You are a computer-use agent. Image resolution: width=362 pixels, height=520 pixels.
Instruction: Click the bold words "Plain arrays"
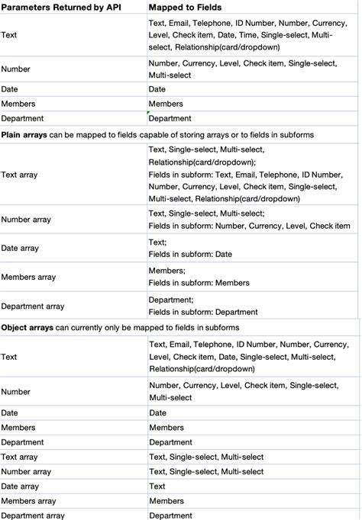click(24, 134)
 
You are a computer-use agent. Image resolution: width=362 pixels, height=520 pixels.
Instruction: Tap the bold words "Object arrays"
click(27, 327)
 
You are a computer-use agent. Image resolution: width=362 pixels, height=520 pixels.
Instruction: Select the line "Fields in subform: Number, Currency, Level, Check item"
click(249, 226)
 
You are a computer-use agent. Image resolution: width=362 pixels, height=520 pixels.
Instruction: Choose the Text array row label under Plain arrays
click(19, 175)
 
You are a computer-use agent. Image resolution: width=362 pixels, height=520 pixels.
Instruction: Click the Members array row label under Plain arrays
click(28, 277)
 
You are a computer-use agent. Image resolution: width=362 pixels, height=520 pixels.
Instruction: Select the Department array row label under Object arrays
click(33, 515)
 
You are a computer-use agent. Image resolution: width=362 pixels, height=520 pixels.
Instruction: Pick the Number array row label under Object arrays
click(26, 471)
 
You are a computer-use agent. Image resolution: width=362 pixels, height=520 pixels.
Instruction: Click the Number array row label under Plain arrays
click(26, 220)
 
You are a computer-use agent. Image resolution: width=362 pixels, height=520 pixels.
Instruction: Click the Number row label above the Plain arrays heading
click(15, 69)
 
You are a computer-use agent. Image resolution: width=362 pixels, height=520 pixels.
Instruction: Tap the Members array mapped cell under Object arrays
click(166, 501)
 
